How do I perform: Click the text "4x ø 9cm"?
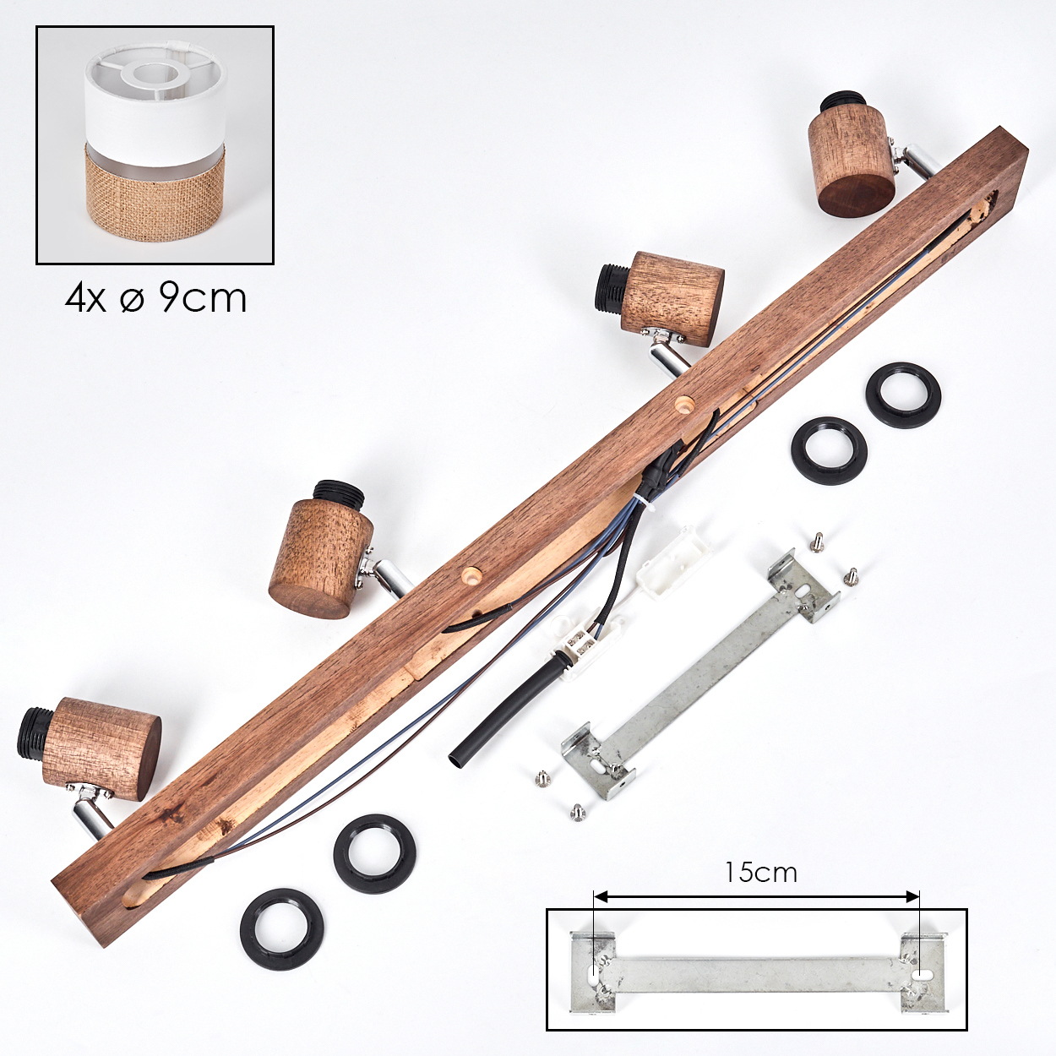tap(156, 299)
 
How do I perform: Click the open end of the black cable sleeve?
tap(456, 761)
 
